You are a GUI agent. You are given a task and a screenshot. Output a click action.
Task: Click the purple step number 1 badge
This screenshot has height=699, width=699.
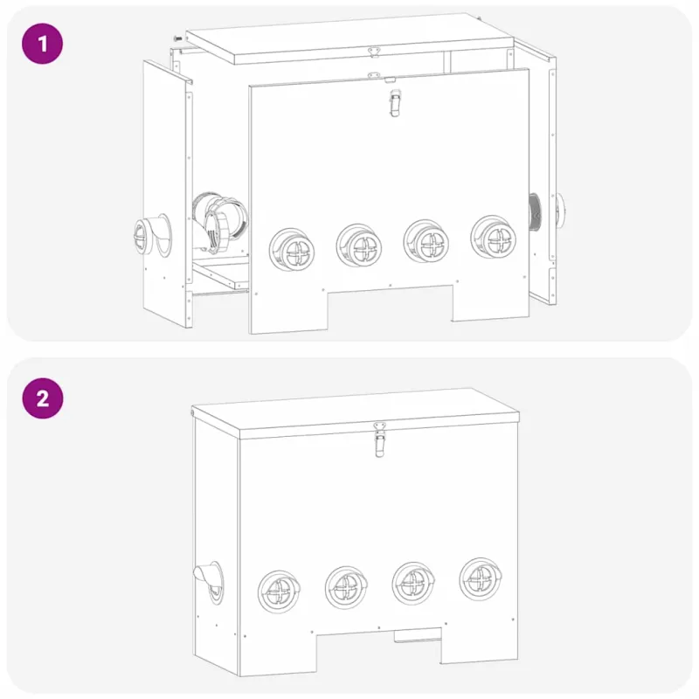[x=42, y=44]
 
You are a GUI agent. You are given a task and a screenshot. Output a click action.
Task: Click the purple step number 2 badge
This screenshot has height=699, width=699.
[x=42, y=398]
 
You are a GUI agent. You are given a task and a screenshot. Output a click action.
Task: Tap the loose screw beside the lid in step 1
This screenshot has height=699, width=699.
[x=177, y=38]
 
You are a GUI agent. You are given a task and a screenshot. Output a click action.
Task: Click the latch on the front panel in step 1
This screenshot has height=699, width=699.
[x=395, y=102]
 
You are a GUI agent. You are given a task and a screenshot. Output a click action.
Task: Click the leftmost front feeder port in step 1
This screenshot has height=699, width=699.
[x=292, y=250]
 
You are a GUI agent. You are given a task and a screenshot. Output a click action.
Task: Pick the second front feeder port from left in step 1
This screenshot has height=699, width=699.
[x=359, y=246]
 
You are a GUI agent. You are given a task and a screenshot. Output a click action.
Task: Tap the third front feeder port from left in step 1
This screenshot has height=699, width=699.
[x=426, y=241]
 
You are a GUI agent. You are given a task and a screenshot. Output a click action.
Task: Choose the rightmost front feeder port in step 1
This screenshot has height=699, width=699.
[x=494, y=237]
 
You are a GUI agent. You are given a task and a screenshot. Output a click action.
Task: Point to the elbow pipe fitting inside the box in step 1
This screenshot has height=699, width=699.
[x=218, y=222]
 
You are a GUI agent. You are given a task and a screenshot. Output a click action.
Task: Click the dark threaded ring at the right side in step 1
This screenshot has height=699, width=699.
[x=535, y=211]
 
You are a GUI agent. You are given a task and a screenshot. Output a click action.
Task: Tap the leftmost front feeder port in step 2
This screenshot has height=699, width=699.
[x=279, y=592]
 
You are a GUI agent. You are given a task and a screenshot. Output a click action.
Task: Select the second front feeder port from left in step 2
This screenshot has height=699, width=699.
[x=346, y=587]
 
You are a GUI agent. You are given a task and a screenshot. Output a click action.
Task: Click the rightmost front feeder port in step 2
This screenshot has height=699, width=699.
[x=481, y=578]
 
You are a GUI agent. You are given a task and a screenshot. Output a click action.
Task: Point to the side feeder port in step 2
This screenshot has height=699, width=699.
[x=210, y=582]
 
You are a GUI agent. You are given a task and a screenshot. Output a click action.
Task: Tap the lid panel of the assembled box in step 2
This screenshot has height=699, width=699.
[x=356, y=412]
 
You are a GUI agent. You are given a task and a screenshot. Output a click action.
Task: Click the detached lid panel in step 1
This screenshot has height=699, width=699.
[x=350, y=38]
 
